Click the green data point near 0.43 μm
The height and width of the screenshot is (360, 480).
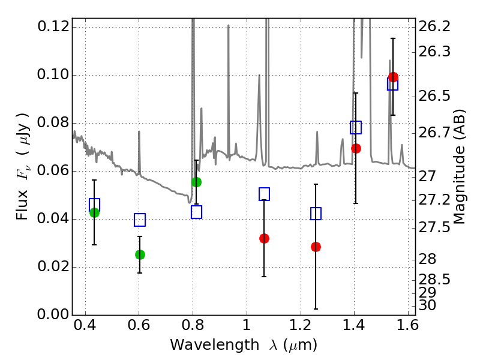[x=94, y=212]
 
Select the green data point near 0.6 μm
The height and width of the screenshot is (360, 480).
[x=140, y=254]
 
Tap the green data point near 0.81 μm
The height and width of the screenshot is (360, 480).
[x=196, y=182]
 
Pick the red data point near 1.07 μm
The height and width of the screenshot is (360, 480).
[x=264, y=238]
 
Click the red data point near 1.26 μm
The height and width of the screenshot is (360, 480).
[x=316, y=247]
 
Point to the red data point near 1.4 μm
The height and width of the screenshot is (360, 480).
[x=356, y=148]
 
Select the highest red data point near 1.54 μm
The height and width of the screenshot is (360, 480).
[x=393, y=77]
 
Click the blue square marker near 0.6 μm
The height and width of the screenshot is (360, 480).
[x=140, y=220]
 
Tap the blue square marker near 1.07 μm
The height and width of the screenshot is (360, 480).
[x=264, y=194]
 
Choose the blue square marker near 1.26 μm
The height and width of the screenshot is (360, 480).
[x=316, y=214]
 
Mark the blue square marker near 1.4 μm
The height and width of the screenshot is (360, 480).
[x=356, y=127]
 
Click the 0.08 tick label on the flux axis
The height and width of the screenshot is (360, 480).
[x=53, y=123]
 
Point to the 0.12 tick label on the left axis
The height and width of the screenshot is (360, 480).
[x=53, y=27]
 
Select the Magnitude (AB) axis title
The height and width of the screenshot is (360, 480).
[x=460, y=167]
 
